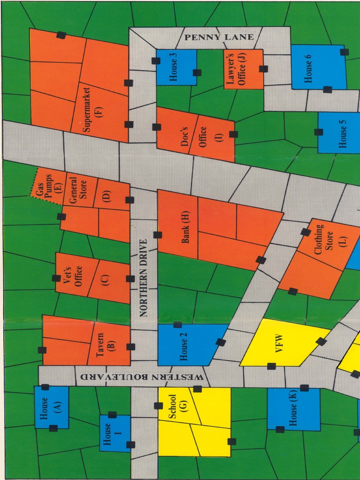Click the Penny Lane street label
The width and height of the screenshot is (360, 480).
click(x=219, y=37)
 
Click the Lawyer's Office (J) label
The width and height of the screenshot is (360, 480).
click(x=236, y=69)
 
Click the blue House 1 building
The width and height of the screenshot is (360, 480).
click(x=114, y=434)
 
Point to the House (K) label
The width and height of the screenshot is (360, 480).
click(x=293, y=409)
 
